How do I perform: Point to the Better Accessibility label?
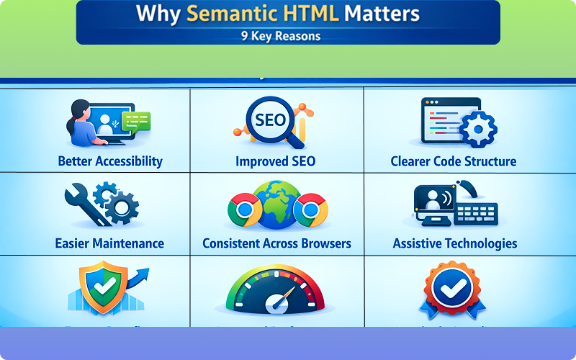pyautogui.click(x=110, y=161)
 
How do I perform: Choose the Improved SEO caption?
pyautogui.click(x=275, y=161)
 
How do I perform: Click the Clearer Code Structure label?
pyautogui.click(x=453, y=161)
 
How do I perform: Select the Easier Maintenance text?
pyautogui.click(x=109, y=243)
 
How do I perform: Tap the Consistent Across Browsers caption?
pyautogui.click(x=276, y=243)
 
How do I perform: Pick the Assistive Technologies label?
pyautogui.click(x=454, y=243)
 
